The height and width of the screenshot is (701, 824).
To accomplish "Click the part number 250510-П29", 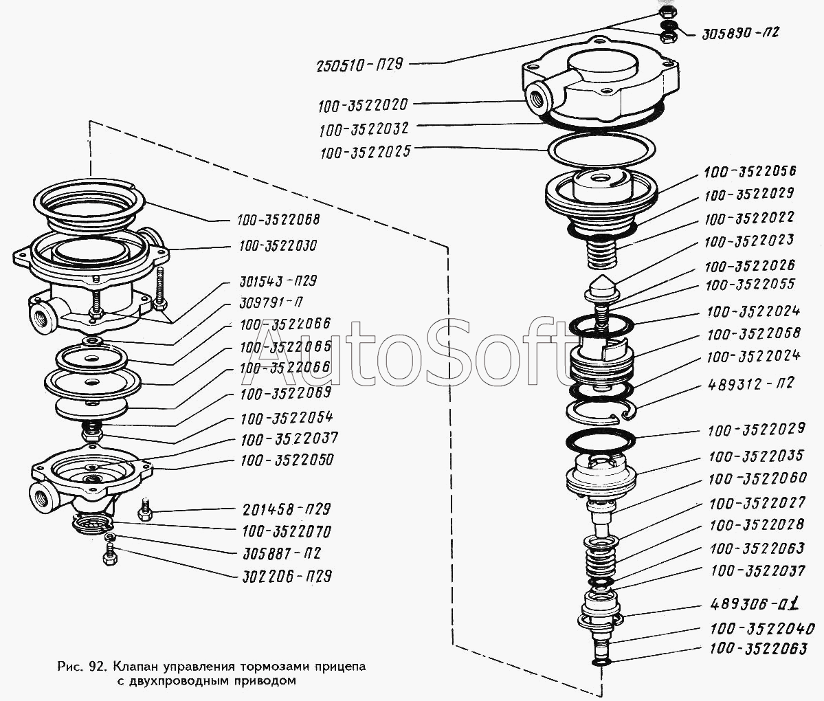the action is click(360, 66).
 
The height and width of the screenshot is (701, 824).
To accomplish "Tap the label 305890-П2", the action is click(741, 34).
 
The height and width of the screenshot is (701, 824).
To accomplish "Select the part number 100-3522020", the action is click(363, 106).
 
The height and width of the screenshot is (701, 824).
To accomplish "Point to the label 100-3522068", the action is click(278, 220).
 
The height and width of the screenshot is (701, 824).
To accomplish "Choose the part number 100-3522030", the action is click(278, 246).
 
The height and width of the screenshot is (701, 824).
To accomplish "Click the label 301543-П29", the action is click(278, 281).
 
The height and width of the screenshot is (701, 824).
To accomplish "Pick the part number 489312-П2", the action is click(750, 383).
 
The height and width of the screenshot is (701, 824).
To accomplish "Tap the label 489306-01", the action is click(755, 604).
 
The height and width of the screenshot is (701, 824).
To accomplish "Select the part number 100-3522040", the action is click(762, 628).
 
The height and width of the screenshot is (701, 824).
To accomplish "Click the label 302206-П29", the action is click(287, 577).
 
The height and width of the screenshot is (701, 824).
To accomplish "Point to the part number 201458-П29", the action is click(287, 509).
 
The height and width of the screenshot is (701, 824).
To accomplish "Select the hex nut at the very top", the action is click(667, 12).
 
